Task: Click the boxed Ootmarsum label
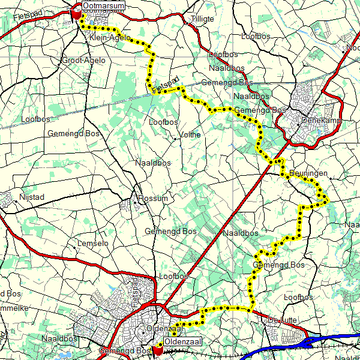point(104,6)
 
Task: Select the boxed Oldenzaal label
point(182,341)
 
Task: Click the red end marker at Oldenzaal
point(158,350)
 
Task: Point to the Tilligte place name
point(202,19)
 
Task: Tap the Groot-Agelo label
point(83,61)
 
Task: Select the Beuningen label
point(308,173)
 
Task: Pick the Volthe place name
point(190,135)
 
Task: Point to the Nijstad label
point(32,197)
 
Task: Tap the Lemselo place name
point(94,244)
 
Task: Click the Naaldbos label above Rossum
point(153,163)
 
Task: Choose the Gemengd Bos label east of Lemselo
point(171,231)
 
